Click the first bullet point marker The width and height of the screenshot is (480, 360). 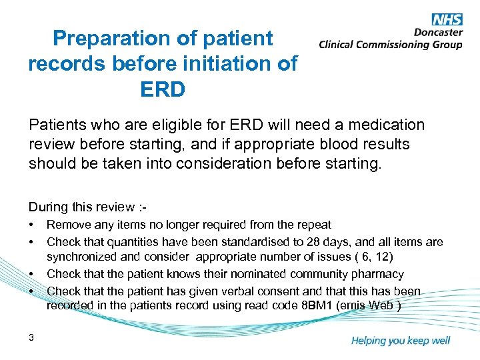tap(31, 225)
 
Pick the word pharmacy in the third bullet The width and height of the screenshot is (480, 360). tap(379, 273)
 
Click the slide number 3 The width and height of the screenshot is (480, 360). tap(31, 338)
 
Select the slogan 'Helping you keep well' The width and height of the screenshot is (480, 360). tap(400, 341)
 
